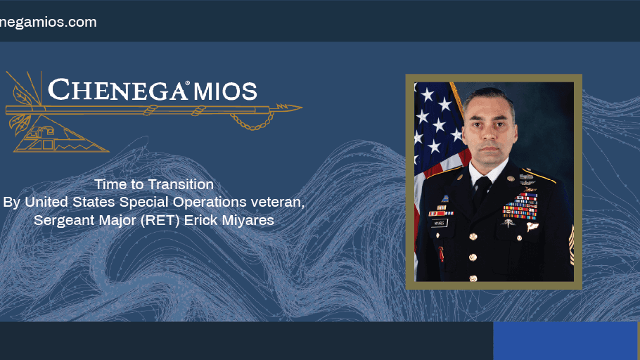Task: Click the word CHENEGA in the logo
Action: (x=117, y=90)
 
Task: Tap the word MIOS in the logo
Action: (x=225, y=91)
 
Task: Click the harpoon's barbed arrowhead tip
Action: (x=301, y=108)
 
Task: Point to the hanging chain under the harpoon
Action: (x=252, y=122)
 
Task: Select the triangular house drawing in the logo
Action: (x=57, y=136)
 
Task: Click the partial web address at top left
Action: (x=48, y=22)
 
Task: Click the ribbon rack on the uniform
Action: (x=520, y=206)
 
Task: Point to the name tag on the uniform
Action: (x=440, y=224)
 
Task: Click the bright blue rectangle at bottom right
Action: (x=565, y=341)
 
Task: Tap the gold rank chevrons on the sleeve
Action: (x=571, y=244)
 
